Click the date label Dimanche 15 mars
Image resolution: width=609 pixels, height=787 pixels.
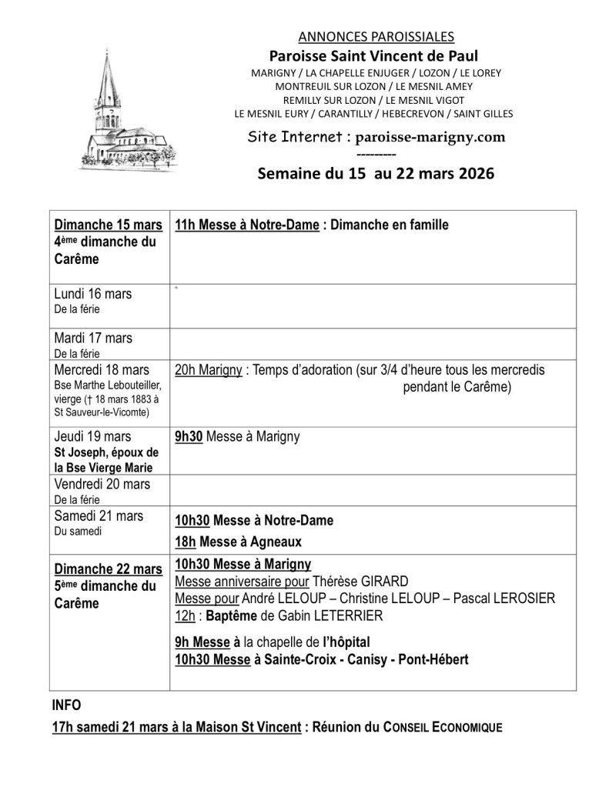click(109, 225)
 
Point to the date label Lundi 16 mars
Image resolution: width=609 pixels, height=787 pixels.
click(93, 294)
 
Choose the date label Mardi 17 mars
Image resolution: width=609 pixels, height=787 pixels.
click(93, 338)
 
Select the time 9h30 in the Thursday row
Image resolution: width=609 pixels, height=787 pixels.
click(189, 437)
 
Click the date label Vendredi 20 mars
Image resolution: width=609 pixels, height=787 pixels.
click(102, 484)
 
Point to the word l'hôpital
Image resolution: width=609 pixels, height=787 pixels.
click(346, 642)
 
